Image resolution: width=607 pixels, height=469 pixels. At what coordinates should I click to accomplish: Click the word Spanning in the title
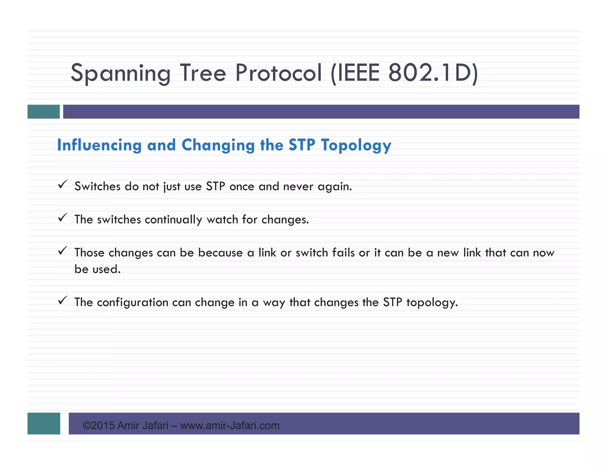point(120,73)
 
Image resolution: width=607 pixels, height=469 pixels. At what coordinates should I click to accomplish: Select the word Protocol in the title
point(278,73)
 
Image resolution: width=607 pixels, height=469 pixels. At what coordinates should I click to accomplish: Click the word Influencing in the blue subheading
point(99,145)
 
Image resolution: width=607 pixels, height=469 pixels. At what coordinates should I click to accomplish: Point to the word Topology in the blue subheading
point(356,145)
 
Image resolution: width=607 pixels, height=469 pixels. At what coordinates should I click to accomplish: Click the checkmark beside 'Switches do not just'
point(63,185)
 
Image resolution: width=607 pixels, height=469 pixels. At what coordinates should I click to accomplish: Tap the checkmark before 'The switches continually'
point(63,218)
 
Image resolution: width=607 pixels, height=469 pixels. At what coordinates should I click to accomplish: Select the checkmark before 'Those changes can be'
point(63,251)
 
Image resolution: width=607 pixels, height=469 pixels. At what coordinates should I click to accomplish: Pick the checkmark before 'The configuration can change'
point(63,301)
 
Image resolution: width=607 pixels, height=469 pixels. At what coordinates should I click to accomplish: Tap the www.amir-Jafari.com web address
point(230,426)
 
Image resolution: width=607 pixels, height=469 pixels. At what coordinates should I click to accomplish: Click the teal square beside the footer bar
point(44,423)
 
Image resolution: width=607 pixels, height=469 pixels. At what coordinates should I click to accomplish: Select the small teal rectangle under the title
point(44,112)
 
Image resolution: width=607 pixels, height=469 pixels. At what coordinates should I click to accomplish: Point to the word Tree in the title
point(203,73)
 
